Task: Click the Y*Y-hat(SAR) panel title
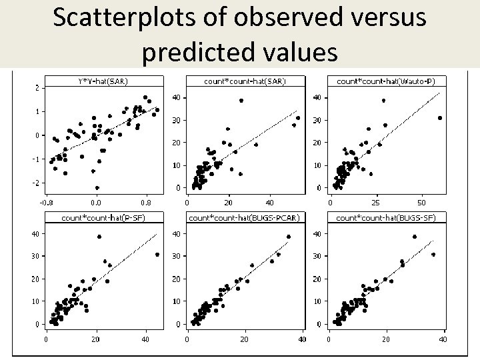pos(103,81)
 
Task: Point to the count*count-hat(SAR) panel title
pos(245,81)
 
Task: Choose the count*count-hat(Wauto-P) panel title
pos(387,81)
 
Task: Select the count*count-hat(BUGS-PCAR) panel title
pos(245,217)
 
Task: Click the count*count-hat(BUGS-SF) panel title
pos(387,217)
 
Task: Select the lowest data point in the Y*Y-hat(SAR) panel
pos(97,188)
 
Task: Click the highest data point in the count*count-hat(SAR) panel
pos(241,101)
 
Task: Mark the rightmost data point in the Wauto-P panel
pos(440,118)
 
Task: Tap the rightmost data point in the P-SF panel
pos(157,255)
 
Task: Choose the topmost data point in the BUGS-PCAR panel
pos(289,237)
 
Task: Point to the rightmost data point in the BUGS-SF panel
pos(433,255)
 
